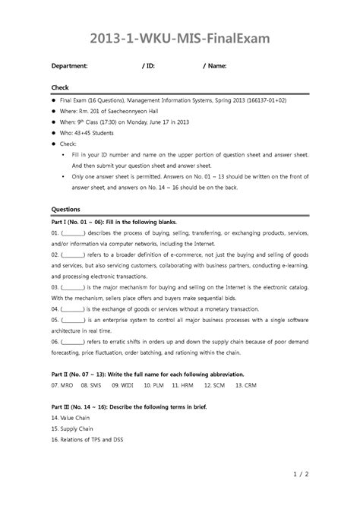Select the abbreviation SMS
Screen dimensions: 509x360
pyautogui.click(x=99, y=386)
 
